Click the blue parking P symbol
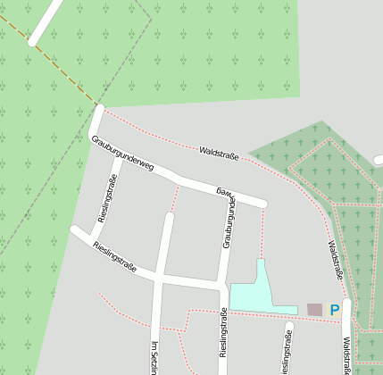click(x=335, y=310)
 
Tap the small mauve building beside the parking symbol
click(x=314, y=309)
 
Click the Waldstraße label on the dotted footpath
click(x=219, y=153)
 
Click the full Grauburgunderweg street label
click(x=122, y=152)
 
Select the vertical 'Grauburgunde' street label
click(x=229, y=223)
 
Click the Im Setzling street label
click(x=154, y=357)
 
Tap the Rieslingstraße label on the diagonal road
click(x=115, y=256)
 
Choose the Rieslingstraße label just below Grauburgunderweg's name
click(x=107, y=197)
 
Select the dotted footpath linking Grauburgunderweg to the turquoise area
click(x=262, y=232)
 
